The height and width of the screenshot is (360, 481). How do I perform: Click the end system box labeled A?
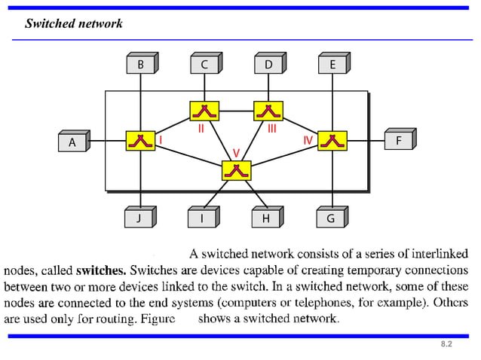click(72, 142)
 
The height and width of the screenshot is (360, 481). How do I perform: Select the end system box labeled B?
click(140, 65)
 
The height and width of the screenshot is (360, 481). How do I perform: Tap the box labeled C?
click(204, 65)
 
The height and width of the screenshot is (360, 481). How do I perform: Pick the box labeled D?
click(268, 65)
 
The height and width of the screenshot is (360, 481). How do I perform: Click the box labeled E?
click(332, 65)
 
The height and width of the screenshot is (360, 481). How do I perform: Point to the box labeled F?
click(398, 140)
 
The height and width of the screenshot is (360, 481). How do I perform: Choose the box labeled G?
click(330, 218)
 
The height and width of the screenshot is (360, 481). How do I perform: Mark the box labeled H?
click(265, 218)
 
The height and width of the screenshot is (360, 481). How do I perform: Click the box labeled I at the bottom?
click(201, 218)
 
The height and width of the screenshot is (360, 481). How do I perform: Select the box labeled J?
click(139, 218)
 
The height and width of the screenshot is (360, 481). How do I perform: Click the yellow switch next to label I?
click(140, 141)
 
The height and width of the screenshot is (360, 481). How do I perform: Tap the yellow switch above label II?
click(204, 111)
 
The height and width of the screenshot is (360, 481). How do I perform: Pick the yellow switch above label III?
click(268, 111)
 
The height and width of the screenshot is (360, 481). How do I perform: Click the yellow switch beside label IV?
click(332, 141)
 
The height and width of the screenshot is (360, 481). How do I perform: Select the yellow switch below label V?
click(236, 171)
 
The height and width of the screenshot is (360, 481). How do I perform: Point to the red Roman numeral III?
click(272, 129)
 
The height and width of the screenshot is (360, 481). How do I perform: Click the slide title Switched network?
click(74, 23)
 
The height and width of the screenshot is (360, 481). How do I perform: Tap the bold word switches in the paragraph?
click(100, 270)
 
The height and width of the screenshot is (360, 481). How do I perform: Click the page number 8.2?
click(446, 344)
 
